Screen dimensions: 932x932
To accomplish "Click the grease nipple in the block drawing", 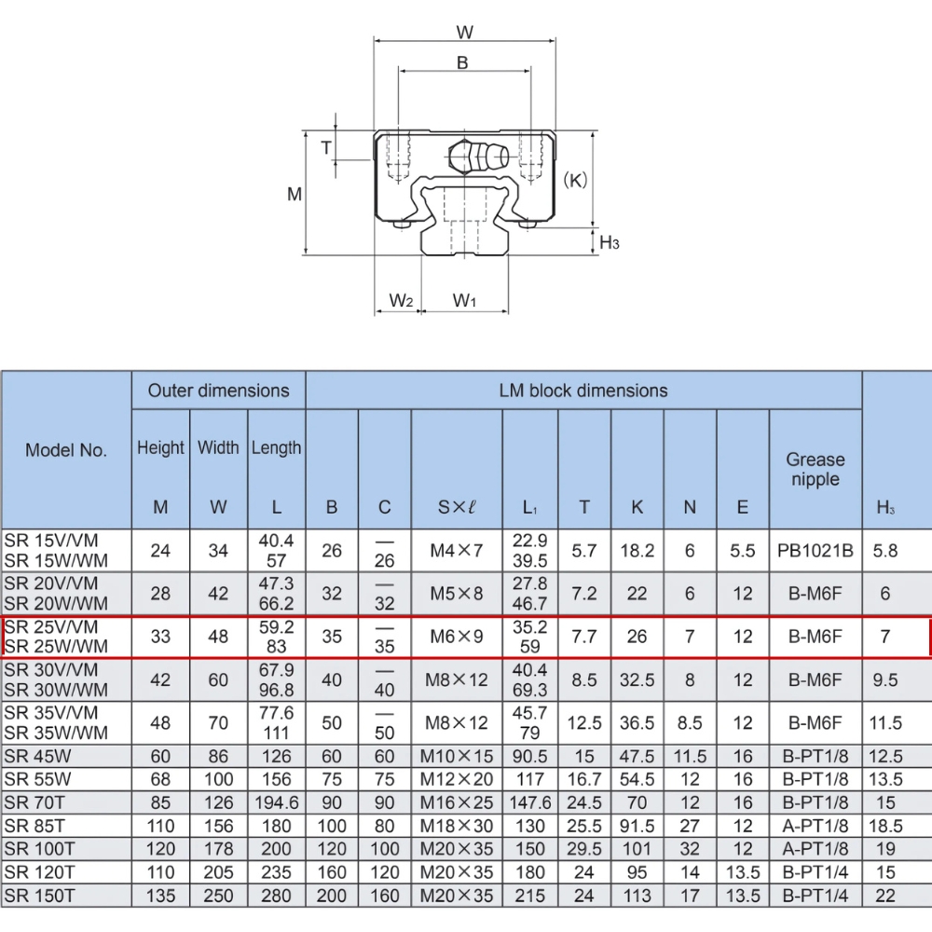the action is (x=478, y=156).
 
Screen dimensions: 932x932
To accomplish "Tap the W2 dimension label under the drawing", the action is (x=401, y=301).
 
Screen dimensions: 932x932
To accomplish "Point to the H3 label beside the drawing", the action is (x=610, y=242).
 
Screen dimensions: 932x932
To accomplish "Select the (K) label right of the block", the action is (x=575, y=180).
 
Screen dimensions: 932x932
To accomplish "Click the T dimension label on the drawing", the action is (x=326, y=147).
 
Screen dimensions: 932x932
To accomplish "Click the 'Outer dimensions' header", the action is (x=219, y=391).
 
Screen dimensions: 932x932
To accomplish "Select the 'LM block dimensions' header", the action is (x=583, y=391).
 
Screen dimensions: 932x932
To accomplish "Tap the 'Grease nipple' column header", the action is (x=815, y=469).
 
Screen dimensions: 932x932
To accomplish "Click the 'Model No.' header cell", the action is (x=66, y=450).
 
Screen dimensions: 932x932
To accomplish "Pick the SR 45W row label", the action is (x=37, y=756).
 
